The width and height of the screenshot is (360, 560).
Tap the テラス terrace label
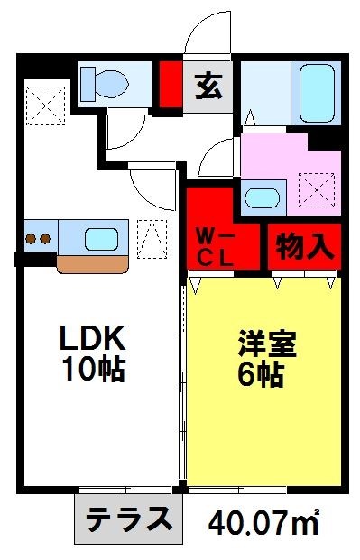tap(129, 519)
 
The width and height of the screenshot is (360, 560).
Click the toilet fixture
tap(105, 84)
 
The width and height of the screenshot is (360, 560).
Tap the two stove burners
tap(37, 240)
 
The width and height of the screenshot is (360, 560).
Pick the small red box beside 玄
tap(170, 83)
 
